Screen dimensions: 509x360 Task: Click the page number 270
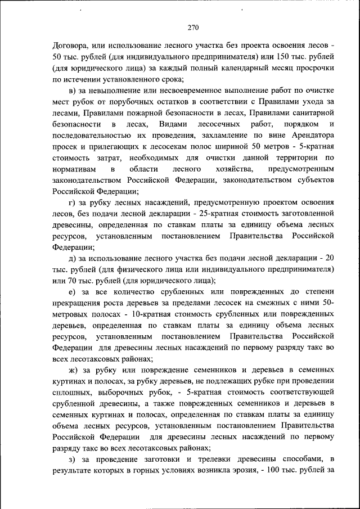click(x=193, y=26)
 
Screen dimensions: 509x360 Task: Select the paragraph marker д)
click(x=73, y=258)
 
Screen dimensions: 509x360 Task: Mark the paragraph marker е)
click(x=73, y=291)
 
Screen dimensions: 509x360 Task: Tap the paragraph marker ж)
click(x=74, y=370)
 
